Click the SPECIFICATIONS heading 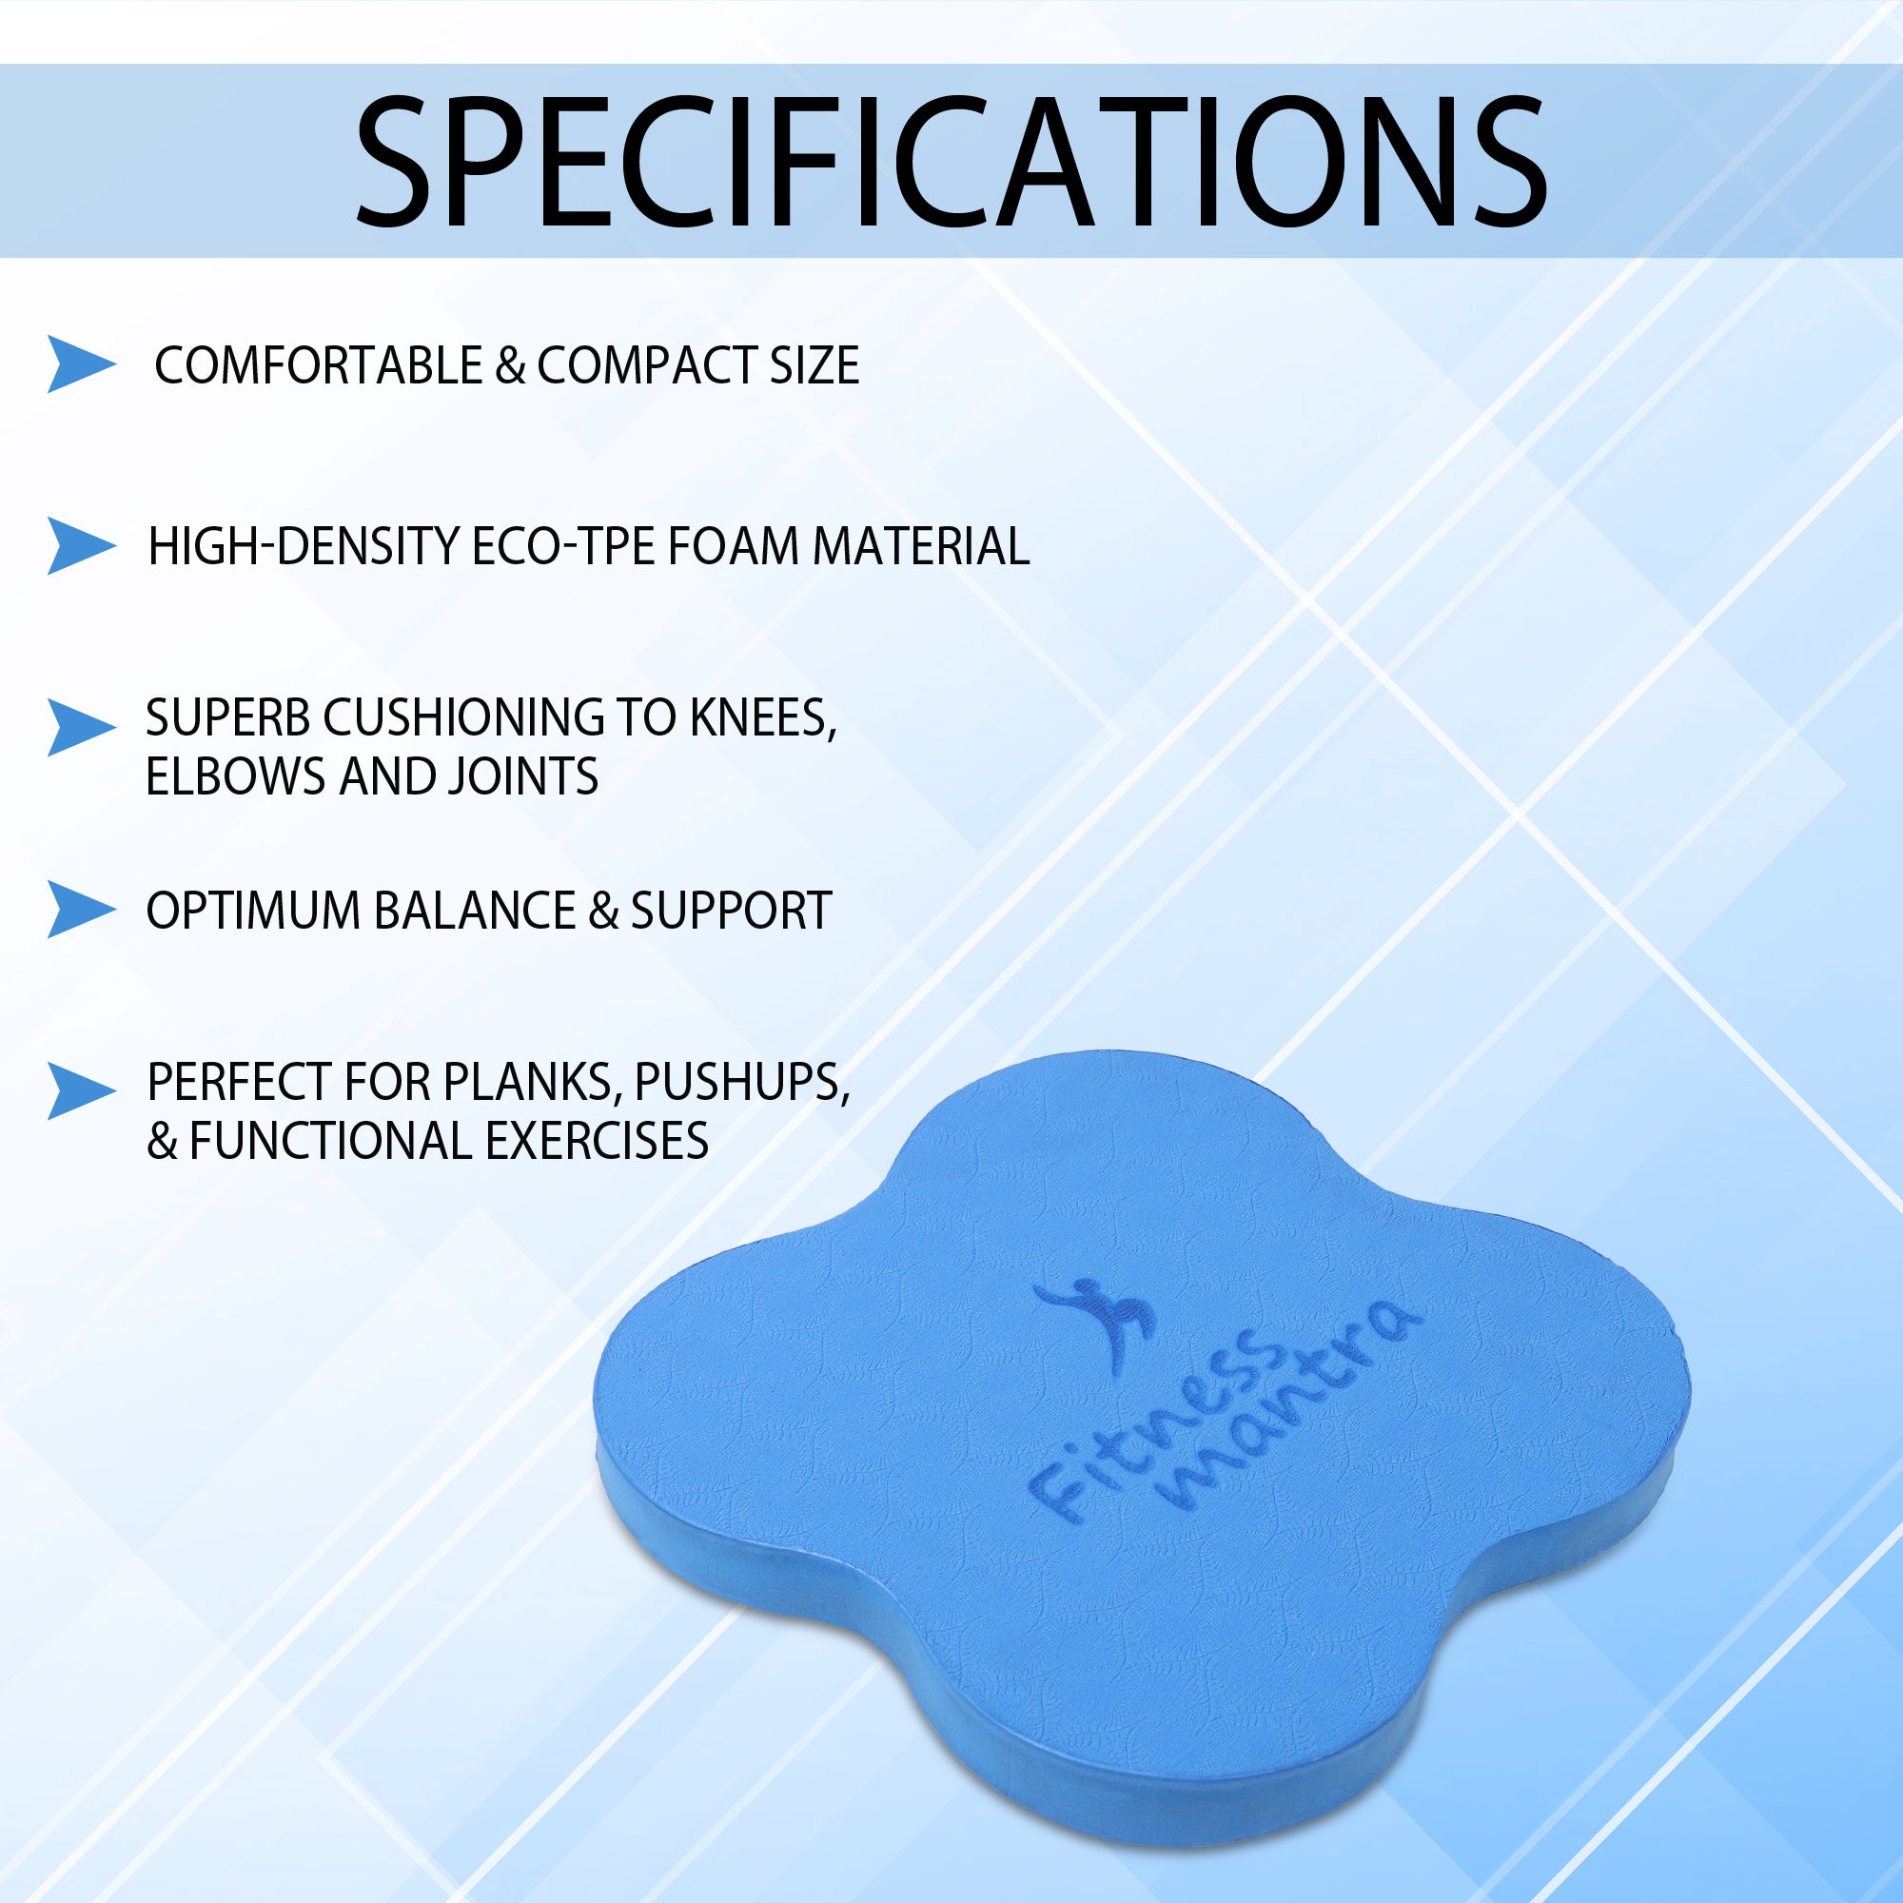click(x=951, y=162)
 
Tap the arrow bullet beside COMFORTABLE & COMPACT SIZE click(x=81, y=364)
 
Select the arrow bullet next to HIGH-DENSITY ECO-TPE click(x=81, y=545)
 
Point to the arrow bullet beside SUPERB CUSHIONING click(x=81, y=728)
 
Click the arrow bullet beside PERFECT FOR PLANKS click(x=81, y=1091)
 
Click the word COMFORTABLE click(x=318, y=365)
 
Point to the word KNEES click(x=762, y=719)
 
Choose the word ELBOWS click(x=236, y=776)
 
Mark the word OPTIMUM click(x=253, y=911)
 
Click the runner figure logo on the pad click(x=1095, y=1320)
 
